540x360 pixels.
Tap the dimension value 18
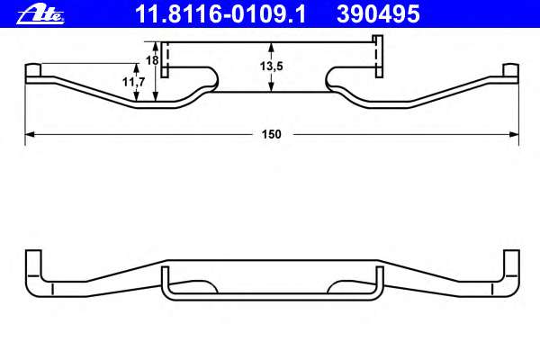pyautogui.click(x=152, y=60)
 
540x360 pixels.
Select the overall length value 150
pyautogui.click(x=272, y=134)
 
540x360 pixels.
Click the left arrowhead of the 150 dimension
pyautogui.click(x=28, y=134)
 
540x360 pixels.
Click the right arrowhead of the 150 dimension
pyautogui.click(x=516, y=134)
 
